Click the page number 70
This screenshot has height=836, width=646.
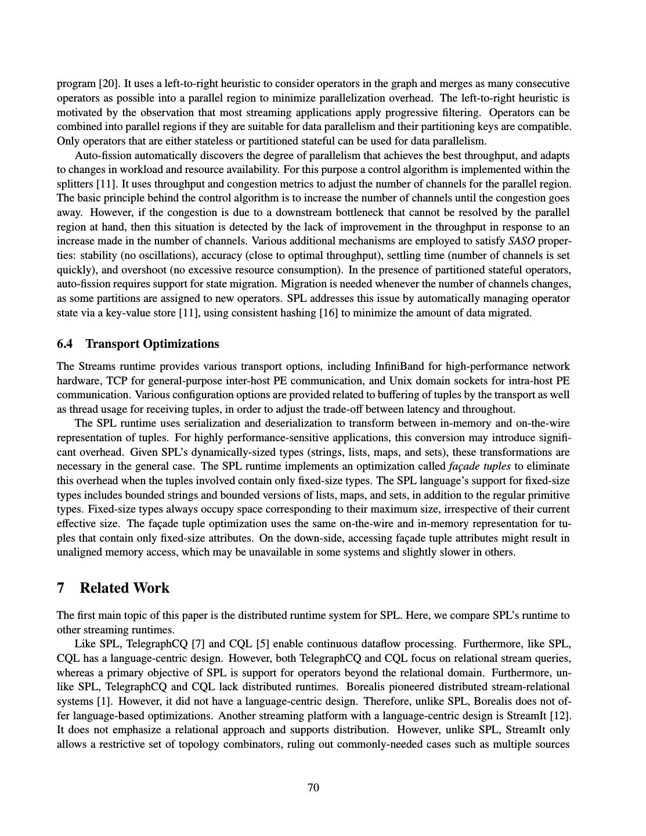tap(313, 787)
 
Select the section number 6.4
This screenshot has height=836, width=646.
tap(65, 344)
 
